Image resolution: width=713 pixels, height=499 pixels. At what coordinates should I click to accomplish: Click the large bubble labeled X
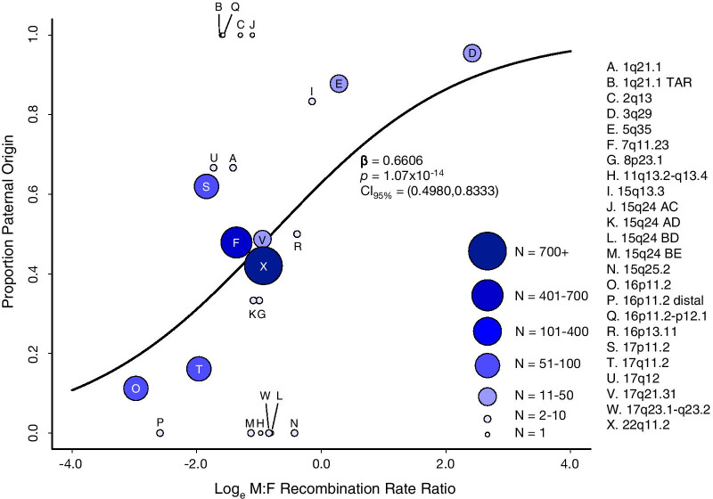tap(263, 266)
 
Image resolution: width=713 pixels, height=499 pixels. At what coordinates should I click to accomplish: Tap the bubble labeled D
tap(471, 53)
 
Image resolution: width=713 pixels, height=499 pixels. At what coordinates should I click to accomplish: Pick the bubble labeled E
tap(339, 83)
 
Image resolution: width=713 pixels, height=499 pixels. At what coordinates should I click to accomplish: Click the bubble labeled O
tap(135, 389)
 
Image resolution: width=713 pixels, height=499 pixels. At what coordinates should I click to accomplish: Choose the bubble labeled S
tap(206, 186)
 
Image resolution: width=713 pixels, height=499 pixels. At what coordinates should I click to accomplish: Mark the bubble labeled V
tap(262, 239)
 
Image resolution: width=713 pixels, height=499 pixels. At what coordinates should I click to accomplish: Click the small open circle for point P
tap(160, 433)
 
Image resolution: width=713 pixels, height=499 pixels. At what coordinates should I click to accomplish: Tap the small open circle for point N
tap(294, 433)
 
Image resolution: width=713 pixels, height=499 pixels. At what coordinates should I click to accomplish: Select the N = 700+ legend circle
tap(488, 252)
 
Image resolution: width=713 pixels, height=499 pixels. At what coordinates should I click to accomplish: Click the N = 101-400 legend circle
tap(488, 330)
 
